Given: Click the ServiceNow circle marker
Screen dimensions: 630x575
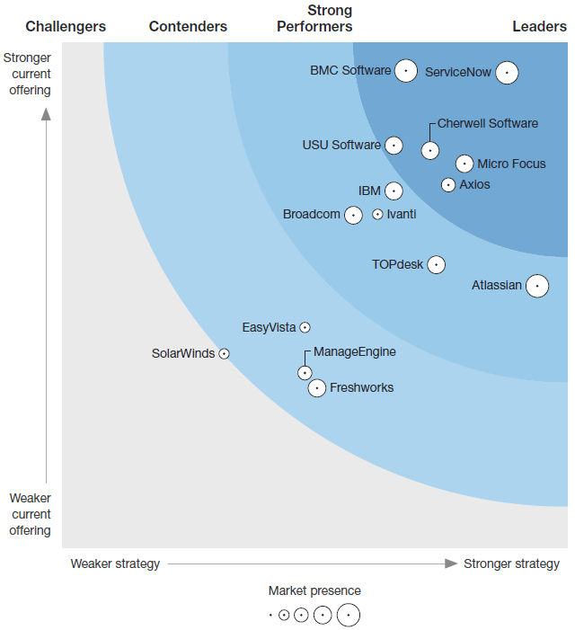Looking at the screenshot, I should point(507,72).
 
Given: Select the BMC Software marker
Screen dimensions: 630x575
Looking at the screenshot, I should point(406,70).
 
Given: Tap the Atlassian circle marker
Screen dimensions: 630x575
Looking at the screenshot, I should point(537,286).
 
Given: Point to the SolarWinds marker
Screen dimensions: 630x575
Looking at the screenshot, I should point(225,354).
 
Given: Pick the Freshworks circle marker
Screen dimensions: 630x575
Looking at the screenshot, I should point(316,388).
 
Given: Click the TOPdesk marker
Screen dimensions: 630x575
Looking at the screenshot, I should point(436,264).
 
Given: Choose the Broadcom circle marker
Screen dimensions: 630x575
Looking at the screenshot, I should point(353,215).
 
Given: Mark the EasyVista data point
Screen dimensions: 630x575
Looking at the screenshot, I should point(305,328).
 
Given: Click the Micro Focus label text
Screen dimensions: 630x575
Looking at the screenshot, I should point(511,164).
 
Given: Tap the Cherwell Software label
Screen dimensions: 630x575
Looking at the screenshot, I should point(488,123).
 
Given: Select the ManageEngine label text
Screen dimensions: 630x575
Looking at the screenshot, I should point(355,351).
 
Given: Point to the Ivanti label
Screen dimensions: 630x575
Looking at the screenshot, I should point(402,214).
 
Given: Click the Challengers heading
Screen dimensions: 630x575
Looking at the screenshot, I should point(66,26).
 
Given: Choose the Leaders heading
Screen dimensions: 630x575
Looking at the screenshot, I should point(539,26).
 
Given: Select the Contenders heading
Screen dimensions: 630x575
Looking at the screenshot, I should point(188,26).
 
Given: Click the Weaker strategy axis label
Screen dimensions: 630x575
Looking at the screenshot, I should point(115,563).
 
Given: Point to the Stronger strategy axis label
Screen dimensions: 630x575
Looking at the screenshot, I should point(511,563).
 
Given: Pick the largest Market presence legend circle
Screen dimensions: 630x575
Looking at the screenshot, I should point(348,615).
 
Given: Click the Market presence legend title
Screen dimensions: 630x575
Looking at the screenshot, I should point(314,590).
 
